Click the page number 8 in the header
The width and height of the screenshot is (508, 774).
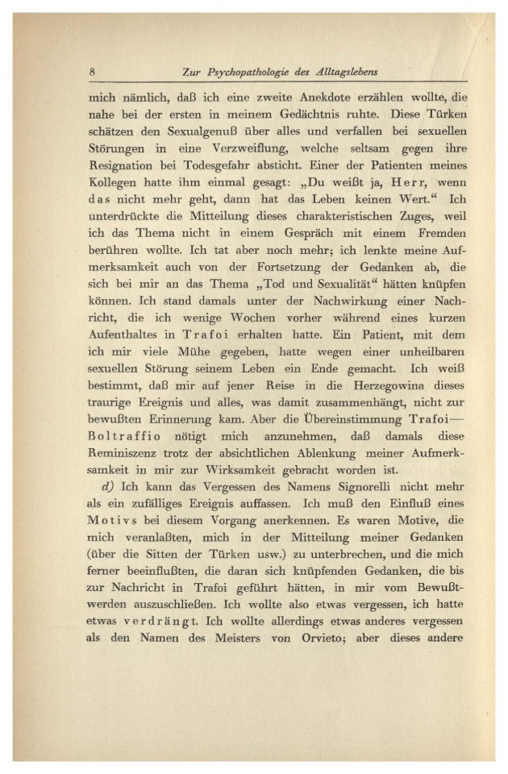pyautogui.click(x=94, y=72)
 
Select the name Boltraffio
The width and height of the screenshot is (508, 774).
pyautogui.click(x=124, y=454)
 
